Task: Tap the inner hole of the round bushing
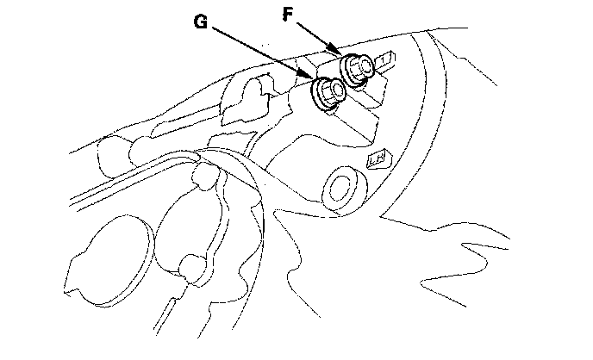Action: [x=342, y=188]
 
